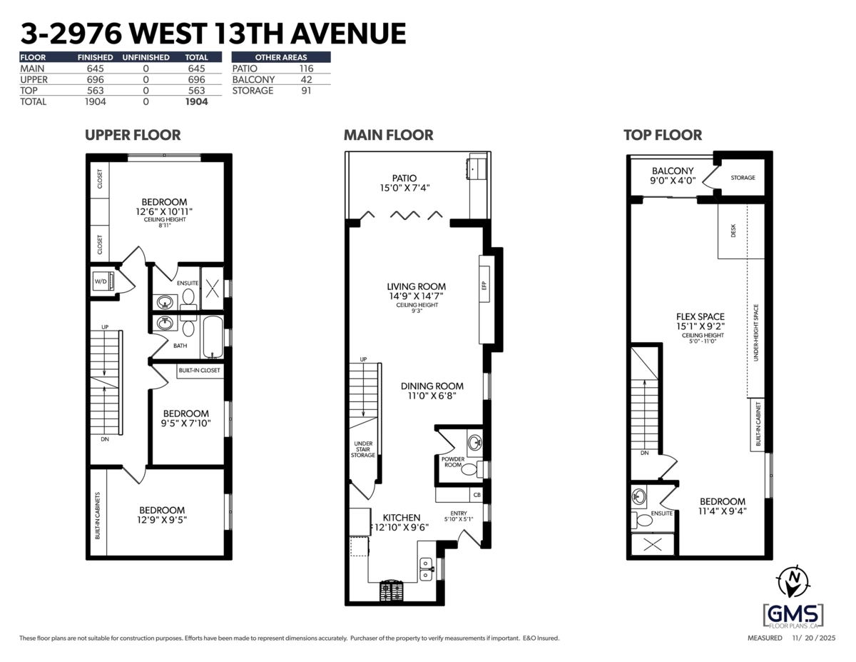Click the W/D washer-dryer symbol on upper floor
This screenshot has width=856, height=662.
point(100,281)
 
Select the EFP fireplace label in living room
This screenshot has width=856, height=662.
point(484,286)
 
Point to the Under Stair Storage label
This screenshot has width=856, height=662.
point(363,448)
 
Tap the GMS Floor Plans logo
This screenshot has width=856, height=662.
point(793,614)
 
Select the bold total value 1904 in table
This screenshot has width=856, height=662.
point(196,102)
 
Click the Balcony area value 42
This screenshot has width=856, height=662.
point(307,79)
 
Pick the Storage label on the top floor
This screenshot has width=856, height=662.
point(742,177)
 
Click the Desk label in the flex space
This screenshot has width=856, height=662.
point(733,231)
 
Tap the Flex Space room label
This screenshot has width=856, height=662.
point(700,316)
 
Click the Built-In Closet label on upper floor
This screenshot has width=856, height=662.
point(200,371)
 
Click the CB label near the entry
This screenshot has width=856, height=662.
point(476,494)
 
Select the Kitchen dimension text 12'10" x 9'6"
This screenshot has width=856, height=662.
point(401,528)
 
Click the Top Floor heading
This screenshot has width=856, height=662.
point(662,135)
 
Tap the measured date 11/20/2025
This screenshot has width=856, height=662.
point(813,638)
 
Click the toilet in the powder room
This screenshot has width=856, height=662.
point(469,469)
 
